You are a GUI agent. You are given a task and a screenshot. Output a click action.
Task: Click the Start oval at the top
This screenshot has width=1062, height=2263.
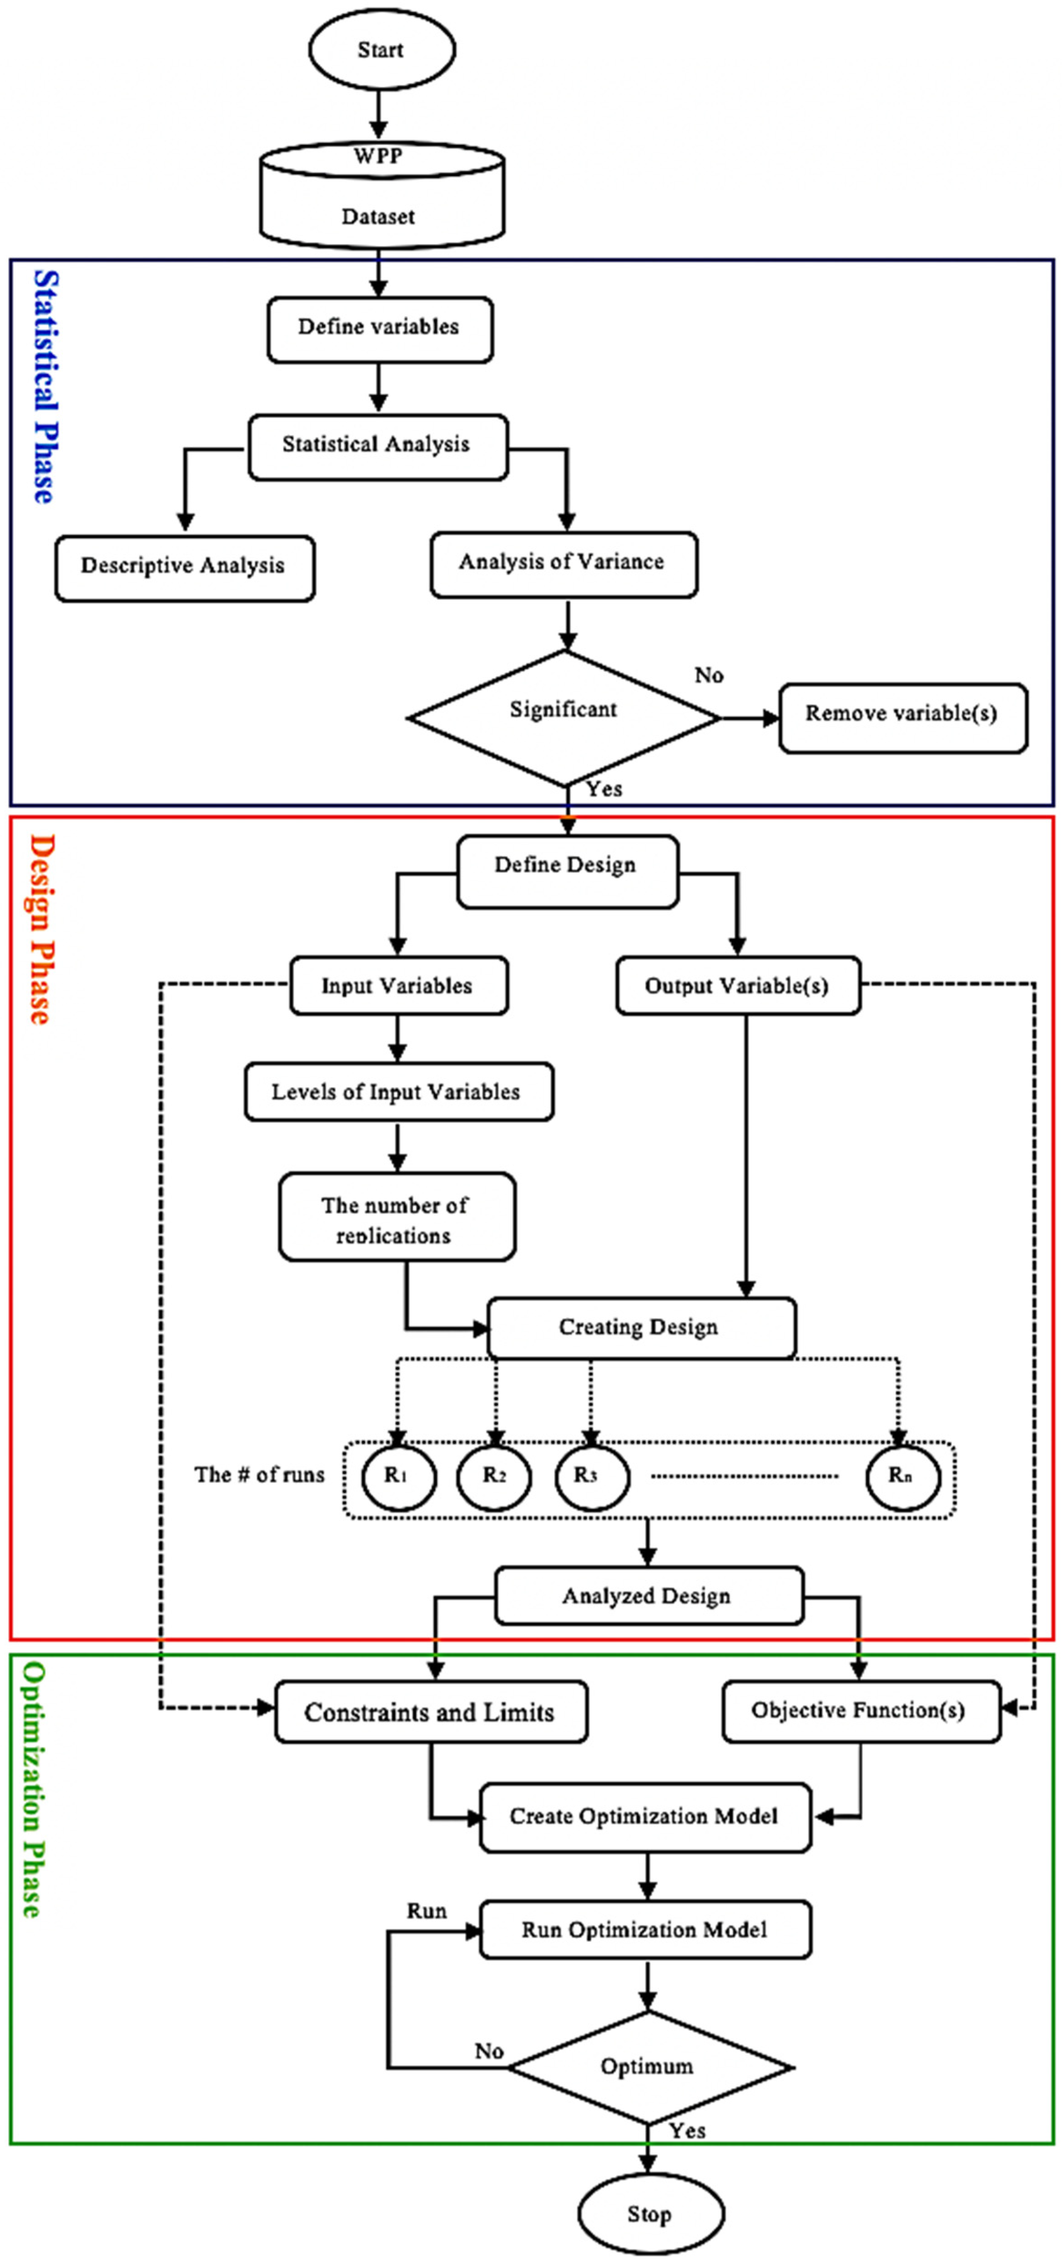[x=381, y=49]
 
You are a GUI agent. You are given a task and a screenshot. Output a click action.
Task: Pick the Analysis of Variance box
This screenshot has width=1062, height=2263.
[x=563, y=563]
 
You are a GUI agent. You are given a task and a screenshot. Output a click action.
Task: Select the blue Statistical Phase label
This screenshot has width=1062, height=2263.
[x=45, y=386]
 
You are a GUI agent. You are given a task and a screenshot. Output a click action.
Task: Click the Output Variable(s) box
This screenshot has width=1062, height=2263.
[x=737, y=986]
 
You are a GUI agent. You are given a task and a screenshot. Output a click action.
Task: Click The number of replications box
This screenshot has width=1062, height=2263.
[x=396, y=1218]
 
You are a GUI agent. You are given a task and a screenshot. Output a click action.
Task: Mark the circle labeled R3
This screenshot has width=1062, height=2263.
[x=591, y=1476]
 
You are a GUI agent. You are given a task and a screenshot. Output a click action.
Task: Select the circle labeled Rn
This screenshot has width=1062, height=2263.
[x=901, y=1476]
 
